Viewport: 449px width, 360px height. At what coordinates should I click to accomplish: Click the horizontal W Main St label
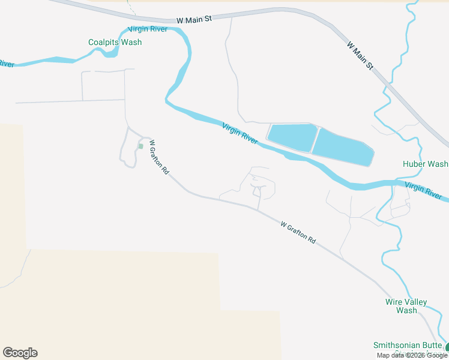[x=194, y=20]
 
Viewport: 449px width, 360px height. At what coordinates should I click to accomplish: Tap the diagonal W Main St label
[x=360, y=53]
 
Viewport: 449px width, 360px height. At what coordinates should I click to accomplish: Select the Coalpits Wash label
[x=115, y=43]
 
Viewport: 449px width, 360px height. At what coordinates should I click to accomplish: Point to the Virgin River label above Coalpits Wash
[x=147, y=29]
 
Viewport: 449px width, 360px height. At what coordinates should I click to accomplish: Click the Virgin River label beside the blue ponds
[x=240, y=134]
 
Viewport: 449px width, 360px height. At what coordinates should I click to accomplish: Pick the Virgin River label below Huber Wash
[x=423, y=191]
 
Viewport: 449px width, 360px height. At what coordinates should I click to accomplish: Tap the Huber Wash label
[x=425, y=164]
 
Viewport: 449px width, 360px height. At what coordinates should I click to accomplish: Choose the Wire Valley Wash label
[x=406, y=306]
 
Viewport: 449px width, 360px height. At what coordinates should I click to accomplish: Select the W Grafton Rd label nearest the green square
[x=159, y=157]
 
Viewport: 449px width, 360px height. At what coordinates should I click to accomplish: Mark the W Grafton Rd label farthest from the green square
[x=298, y=232]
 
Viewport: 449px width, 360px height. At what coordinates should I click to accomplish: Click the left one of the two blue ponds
[x=291, y=137]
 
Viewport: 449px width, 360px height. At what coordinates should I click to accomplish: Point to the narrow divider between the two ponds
[x=316, y=141]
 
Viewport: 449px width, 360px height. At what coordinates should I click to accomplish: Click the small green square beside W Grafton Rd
[x=140, y=146]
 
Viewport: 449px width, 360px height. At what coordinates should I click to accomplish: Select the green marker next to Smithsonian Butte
[x=447, y=346]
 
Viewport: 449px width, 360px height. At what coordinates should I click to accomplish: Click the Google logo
[x=20, y=353]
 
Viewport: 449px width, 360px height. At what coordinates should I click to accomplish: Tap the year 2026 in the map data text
[x=415, y=355]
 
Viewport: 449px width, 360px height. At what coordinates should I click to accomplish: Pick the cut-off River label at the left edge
[x=6, y=63]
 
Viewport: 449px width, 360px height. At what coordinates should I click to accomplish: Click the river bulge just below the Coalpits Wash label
[x=110, y=53]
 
